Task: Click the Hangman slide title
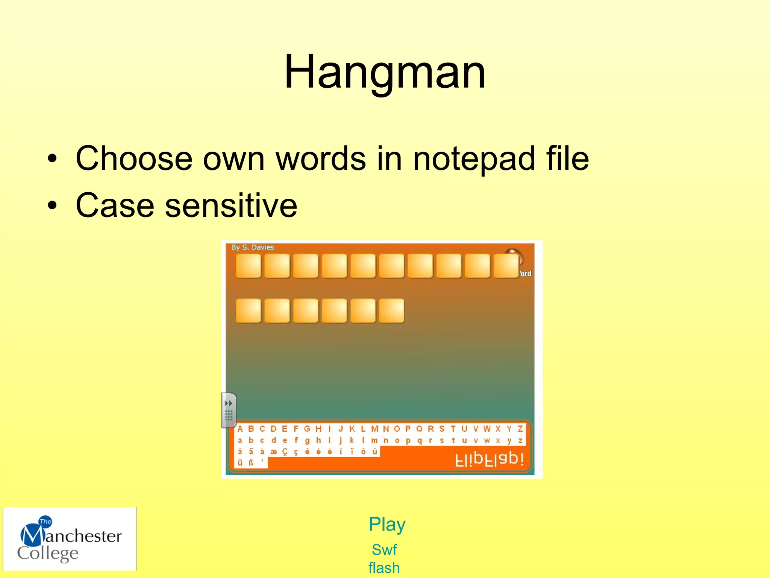385,71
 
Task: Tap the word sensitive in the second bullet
231,205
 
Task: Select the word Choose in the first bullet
134,159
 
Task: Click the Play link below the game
387,525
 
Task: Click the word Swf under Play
384,550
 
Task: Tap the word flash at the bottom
384,568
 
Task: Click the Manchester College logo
70,539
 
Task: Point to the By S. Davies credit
253,247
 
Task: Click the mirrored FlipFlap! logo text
489,459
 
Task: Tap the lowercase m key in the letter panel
374,440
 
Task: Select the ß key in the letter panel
251,462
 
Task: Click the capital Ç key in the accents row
285,452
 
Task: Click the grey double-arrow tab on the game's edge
229,410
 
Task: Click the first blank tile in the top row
248,266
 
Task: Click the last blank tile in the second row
391,311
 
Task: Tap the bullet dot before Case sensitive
52,205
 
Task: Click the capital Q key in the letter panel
419,429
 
